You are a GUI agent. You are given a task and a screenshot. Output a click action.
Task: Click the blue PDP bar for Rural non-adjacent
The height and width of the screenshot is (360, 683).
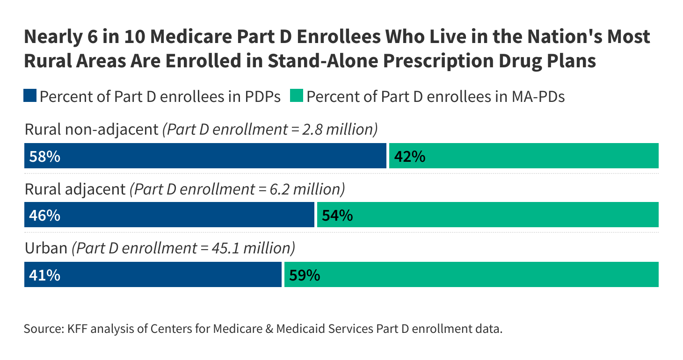click(206, 156)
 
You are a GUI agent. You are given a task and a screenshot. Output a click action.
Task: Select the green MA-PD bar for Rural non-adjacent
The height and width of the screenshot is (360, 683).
click(524, 156)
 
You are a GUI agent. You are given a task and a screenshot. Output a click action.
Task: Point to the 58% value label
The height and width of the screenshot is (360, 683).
click(44, 157)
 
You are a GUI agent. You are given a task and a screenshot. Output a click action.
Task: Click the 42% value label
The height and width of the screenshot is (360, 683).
click(409, 157)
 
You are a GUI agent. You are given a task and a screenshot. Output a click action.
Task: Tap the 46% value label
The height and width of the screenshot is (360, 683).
click(44, 216)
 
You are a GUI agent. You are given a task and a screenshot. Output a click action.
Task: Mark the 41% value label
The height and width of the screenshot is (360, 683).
click(44, 275)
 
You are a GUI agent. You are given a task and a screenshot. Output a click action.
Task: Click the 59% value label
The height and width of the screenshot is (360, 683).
click(305, 275)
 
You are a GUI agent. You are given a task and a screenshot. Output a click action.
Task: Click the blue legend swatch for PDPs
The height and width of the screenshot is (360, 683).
click(30, 96)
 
